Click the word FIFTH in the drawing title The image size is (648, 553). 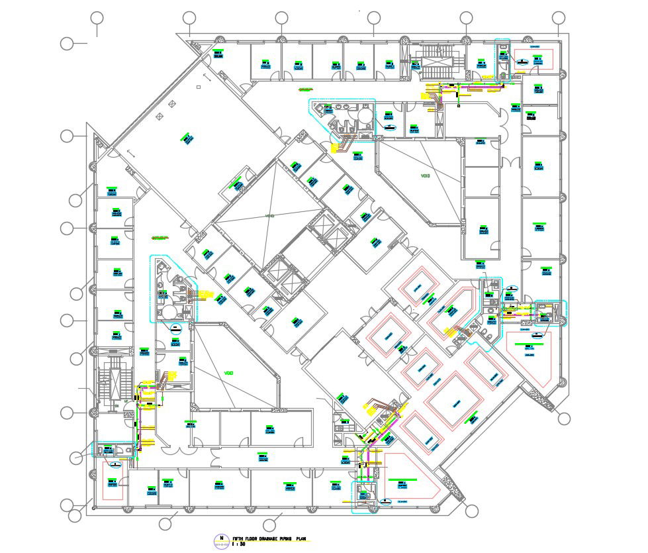pos(239,539)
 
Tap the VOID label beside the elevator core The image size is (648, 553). pos(269,217)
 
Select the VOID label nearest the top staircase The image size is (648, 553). pos(425,176)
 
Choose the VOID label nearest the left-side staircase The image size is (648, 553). pos(229,372)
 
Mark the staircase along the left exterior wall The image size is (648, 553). pos(111,385)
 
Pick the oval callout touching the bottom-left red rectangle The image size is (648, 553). pos(115,464)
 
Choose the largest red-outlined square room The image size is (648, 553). pos(455,401)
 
